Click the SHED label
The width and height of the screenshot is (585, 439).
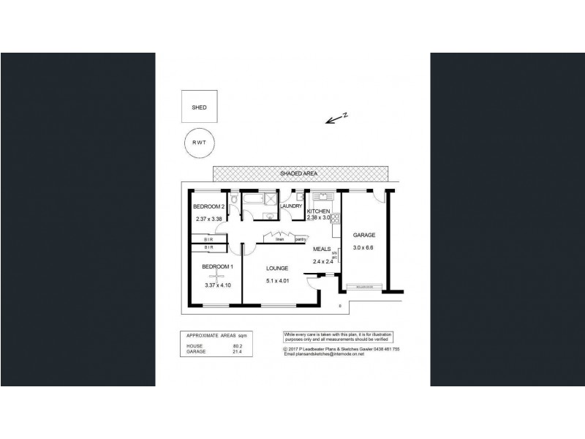[199, 107]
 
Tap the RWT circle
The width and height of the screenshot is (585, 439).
[199, 145]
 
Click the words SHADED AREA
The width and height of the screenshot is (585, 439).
[300, 174]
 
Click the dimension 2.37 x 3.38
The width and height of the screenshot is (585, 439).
[208, 219]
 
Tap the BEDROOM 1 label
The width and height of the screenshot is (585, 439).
[216, 266]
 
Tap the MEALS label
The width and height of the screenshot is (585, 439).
[322, 249]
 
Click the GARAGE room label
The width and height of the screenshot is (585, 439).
[364, 235]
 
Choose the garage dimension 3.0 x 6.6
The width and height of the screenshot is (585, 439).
[364, 248]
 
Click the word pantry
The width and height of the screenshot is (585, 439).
[301, 239]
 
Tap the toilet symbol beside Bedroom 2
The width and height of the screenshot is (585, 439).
[232, 200]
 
